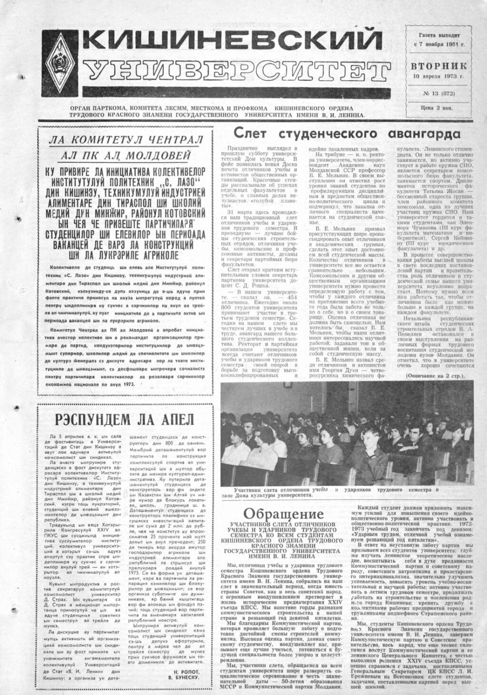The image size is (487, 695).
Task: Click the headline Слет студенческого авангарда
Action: [346, 134]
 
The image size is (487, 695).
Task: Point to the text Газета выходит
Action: [439, 35]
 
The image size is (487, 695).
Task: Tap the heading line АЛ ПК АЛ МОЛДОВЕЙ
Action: [126, 156]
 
